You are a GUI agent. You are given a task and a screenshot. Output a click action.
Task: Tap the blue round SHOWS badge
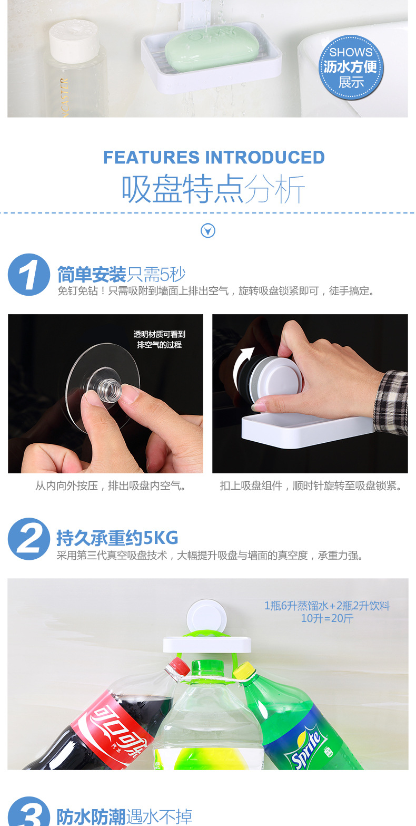click(x=351, y=67)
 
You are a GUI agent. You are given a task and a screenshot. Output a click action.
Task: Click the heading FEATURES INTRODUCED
click(x=214, y=157)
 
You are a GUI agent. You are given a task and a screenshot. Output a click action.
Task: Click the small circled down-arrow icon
click(x=208, y=231)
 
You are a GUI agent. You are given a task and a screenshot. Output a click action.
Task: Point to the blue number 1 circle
click(x=28, y=275)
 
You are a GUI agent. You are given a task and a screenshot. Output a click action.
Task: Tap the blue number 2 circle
click(x=28, y=539)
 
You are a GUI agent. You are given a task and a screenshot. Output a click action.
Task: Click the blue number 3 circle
click(x=28, y=814)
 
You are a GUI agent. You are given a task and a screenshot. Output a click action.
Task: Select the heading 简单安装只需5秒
click(x=121, y=275)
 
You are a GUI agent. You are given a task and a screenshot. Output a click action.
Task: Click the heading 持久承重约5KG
click(x=117, y=538)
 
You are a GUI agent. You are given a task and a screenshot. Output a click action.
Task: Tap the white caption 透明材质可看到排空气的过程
click(x=159, y=339)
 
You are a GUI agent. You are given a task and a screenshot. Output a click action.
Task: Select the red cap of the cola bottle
click(x=177, y=668)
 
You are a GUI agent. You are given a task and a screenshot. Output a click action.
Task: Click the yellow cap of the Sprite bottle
click(x=243, y=670)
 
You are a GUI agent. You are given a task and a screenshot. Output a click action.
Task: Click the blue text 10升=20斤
click(x=326, y=618)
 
